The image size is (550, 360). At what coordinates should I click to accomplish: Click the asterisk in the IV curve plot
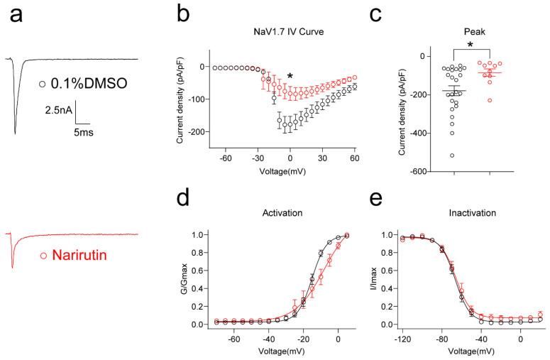pos(290,77)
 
